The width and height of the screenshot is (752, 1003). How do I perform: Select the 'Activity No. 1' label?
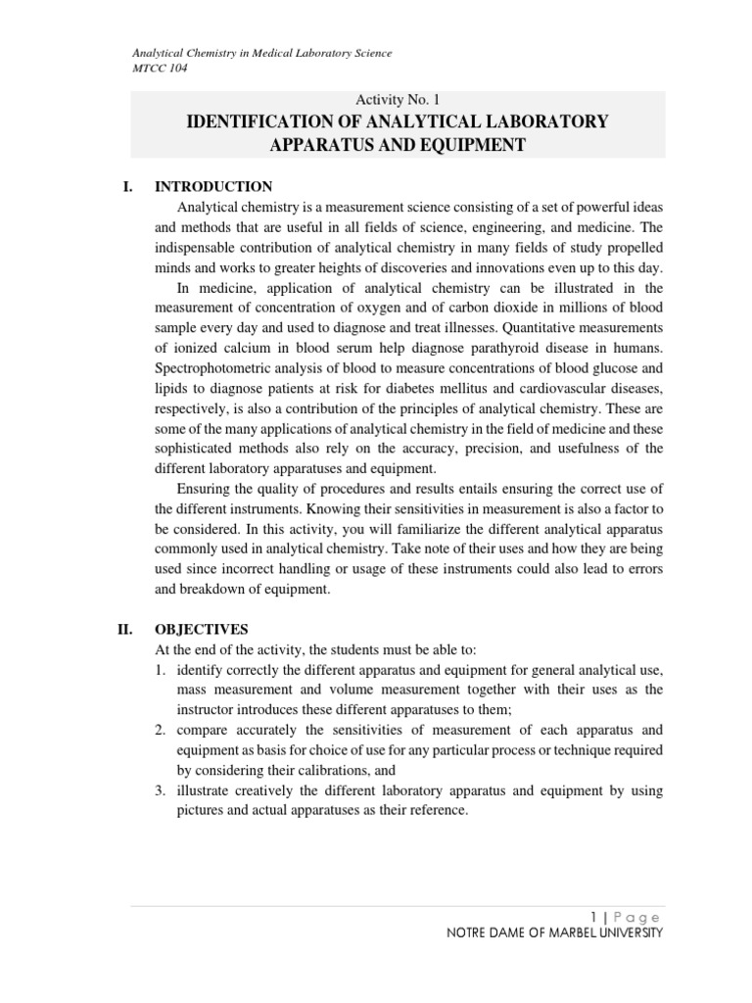coord(397,99)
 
